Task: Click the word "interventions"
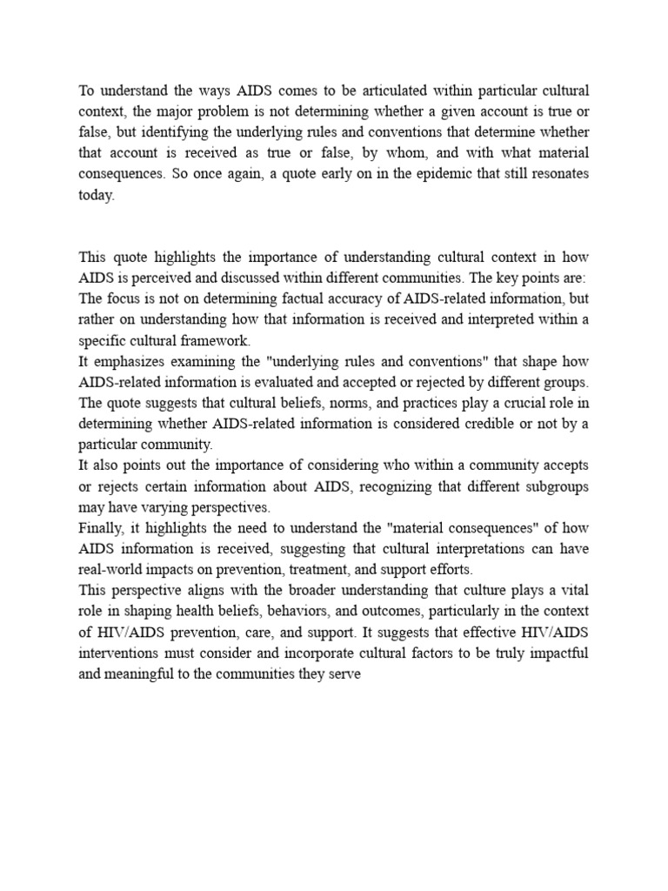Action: point(117,653)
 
